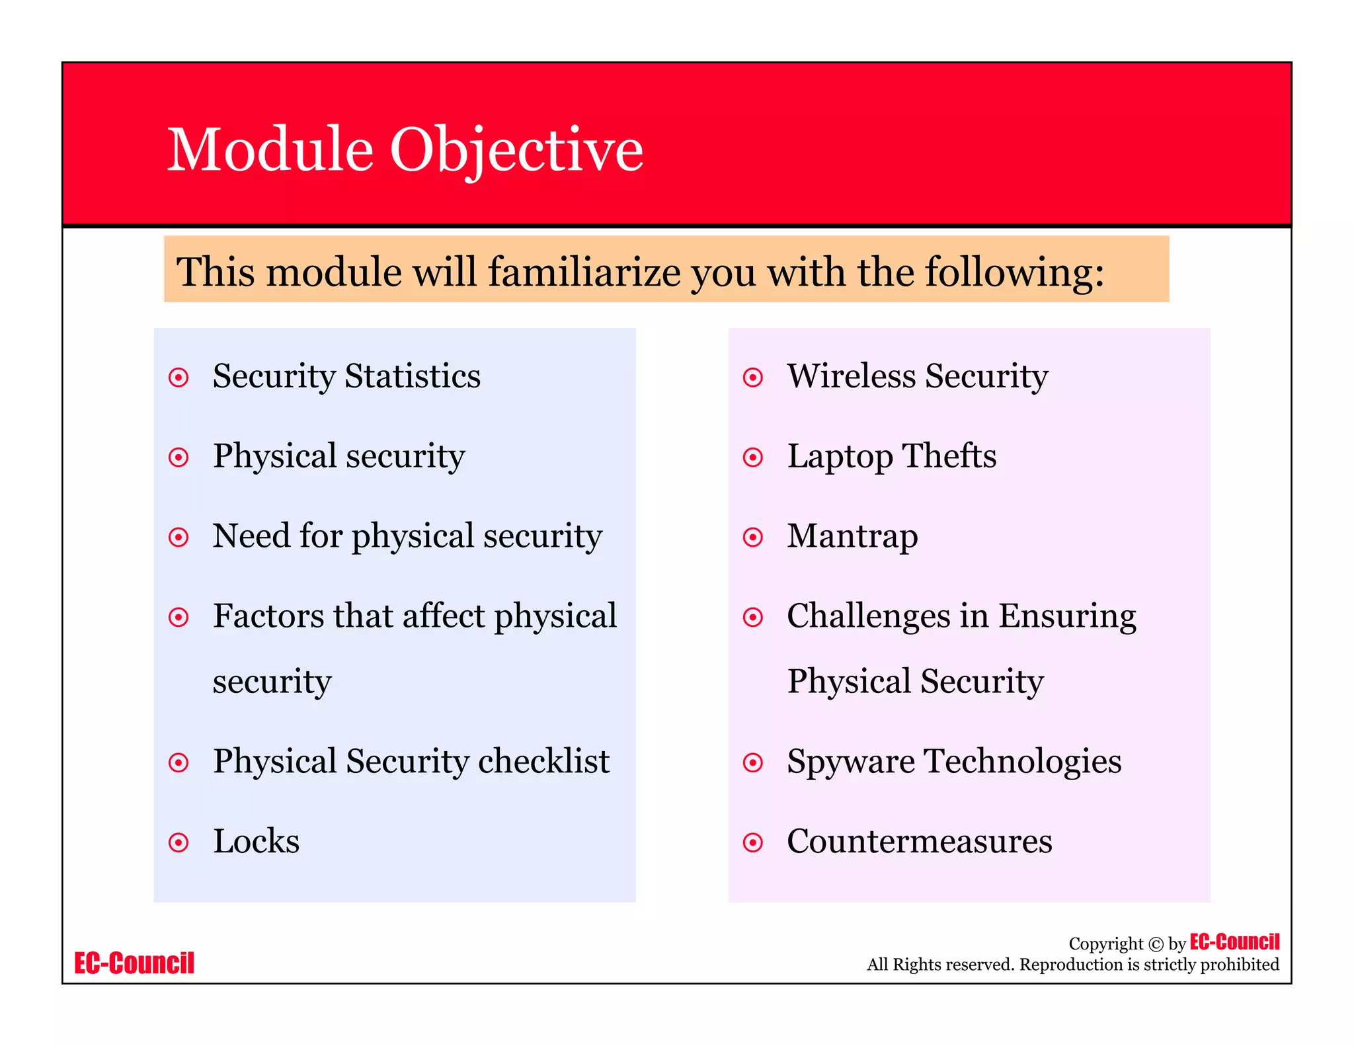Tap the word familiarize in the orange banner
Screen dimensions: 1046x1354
pyautogui.click(x=584, y=272)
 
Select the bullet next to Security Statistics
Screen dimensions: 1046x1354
pyautogui.click(x=179, y=378)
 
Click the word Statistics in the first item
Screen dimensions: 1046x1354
pyautogui.click(x=413, y=376)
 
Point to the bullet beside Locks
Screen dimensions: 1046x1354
pyautogui.click(x=179, y=842)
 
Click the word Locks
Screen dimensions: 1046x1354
pyautogui.click(x=256, y=841)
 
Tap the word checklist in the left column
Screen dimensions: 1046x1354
pyautogui.click(x=543, y=761)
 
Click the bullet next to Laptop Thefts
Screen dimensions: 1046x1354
pyautogui.click(x=752, y=457)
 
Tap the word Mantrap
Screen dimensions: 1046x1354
pyautogui.click(x=852, y=537)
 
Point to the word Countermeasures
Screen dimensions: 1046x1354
pyautogui.click(x=919, y=841)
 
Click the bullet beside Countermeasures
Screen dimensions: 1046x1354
pyautogui.click(x=752, y=842)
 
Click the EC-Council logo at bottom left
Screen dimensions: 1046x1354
pyautogui.click(x=134, y=963)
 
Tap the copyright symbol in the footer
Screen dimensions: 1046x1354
pyautogui.click(x=1156, y=944)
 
